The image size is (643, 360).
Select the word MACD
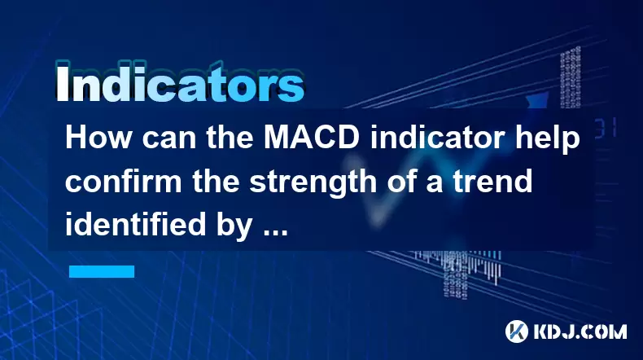pos(311,138)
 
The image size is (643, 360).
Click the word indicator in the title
pos(437,138)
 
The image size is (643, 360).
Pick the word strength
pos(313,183)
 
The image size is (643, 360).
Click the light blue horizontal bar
pos(102,271)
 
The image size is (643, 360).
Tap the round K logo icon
pos(517,331)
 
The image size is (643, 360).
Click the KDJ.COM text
pos(580,331)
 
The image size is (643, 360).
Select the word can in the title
pos(168,141)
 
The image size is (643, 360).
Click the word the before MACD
pos(230,138)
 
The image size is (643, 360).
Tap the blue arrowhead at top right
pos(538,100)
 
